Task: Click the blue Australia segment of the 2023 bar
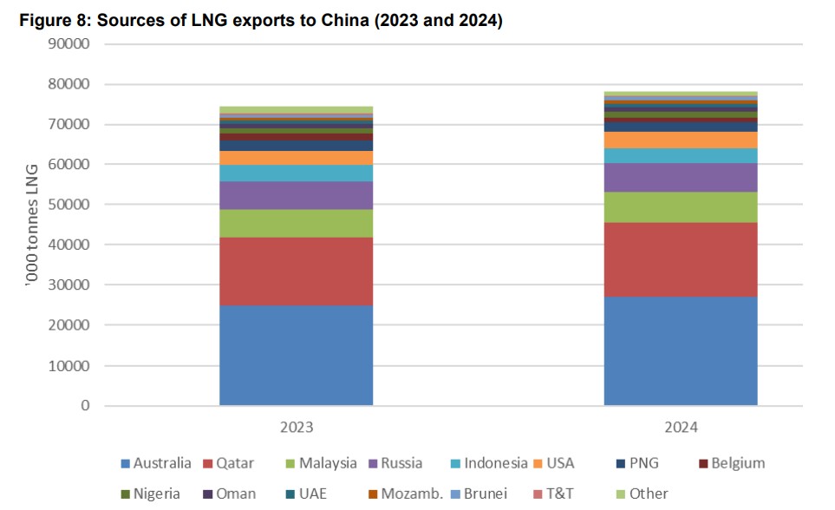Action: [x=296, y=355]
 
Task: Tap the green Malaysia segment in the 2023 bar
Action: [x=296, y=224]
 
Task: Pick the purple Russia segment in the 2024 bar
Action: [x=681, y=177]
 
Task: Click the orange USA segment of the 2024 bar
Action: [x=681, y=140]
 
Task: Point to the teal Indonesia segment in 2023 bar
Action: [x=296, y=173]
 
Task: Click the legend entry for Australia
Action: [x=157, y=463]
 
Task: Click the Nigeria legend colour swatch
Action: [x=126, y=494]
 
